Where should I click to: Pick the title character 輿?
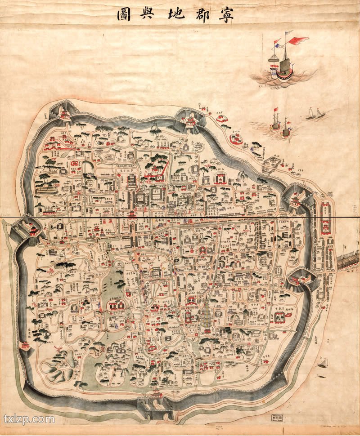151,15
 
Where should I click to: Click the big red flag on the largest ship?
299,41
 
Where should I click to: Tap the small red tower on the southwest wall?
25,346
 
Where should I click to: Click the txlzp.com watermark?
29,419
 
